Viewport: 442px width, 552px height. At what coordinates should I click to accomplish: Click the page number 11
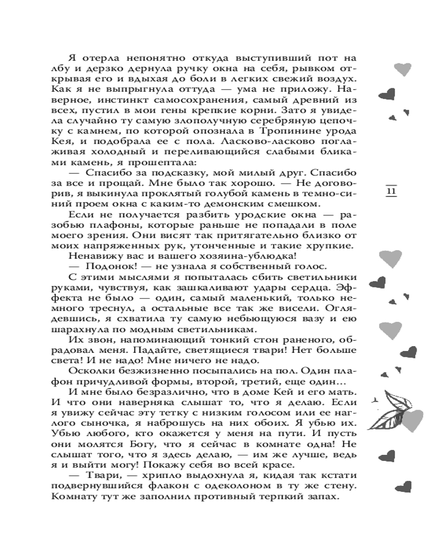(x=391, y=192)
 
